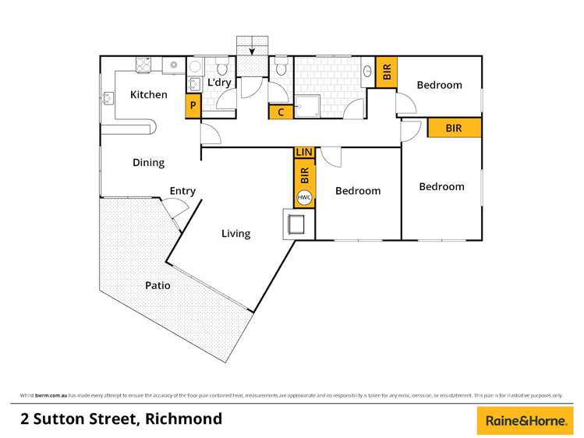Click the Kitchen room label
148,95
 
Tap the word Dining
148,163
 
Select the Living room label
235,233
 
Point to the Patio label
157,286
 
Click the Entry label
182,191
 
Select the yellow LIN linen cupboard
304,152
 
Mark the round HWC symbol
304,197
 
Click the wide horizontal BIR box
453,129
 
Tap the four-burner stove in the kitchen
144,66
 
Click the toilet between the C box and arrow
281,69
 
